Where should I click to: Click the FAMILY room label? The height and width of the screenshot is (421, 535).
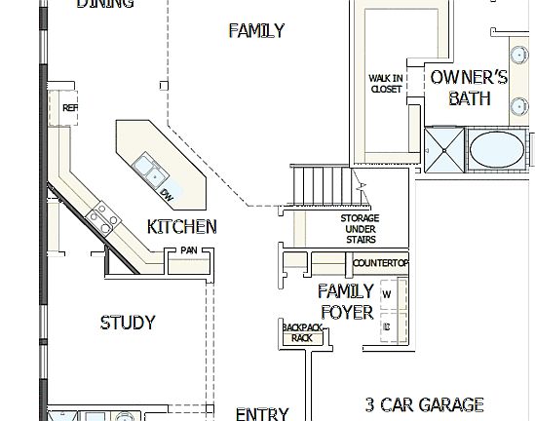(256, 30)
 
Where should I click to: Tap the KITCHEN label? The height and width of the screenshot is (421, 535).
(181, 227)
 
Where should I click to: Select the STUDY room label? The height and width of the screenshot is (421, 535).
(128, 323)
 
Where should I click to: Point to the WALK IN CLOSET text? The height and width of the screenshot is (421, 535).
(386, 84)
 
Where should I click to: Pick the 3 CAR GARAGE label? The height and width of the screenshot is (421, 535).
(424, 403)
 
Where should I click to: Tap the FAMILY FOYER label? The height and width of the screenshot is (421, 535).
(346, 301)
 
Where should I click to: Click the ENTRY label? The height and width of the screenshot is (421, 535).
(262, 413)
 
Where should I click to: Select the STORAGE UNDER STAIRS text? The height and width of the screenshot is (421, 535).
(360, 229)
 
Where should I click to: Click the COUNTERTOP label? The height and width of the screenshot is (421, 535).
(380, 264)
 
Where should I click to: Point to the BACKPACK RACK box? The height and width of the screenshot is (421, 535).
(302, 332)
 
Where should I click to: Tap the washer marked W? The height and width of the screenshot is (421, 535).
(387, 293)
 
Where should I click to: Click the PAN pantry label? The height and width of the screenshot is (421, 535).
(187, 251)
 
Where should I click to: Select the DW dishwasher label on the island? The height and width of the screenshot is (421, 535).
(168, 195)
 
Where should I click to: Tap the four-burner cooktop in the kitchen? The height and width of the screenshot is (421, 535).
(103, 216)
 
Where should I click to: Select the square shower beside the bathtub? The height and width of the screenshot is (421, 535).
(444, 151)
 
